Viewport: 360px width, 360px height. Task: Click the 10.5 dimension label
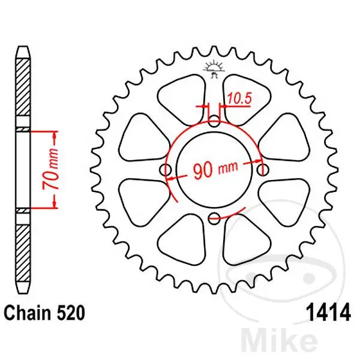pyautogui.click(x=239, y=98)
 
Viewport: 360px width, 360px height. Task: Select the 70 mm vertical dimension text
pyautogui.click(x=50, y=169)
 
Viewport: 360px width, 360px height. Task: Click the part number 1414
pyautogui.click(x=329, y=313)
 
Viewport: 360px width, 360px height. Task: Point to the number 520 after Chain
pyautogui.click(x=71, y=313)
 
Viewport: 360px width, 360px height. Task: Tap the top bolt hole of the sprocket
pyautogui.click(x=214, y=121)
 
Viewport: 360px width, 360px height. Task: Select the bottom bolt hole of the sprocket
pyautogui.click(x=214, y=218)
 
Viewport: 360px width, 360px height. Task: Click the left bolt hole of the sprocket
pyautogui.click(x=166, y=170)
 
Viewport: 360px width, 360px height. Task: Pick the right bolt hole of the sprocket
pyautogui.click(x=263, y=170)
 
